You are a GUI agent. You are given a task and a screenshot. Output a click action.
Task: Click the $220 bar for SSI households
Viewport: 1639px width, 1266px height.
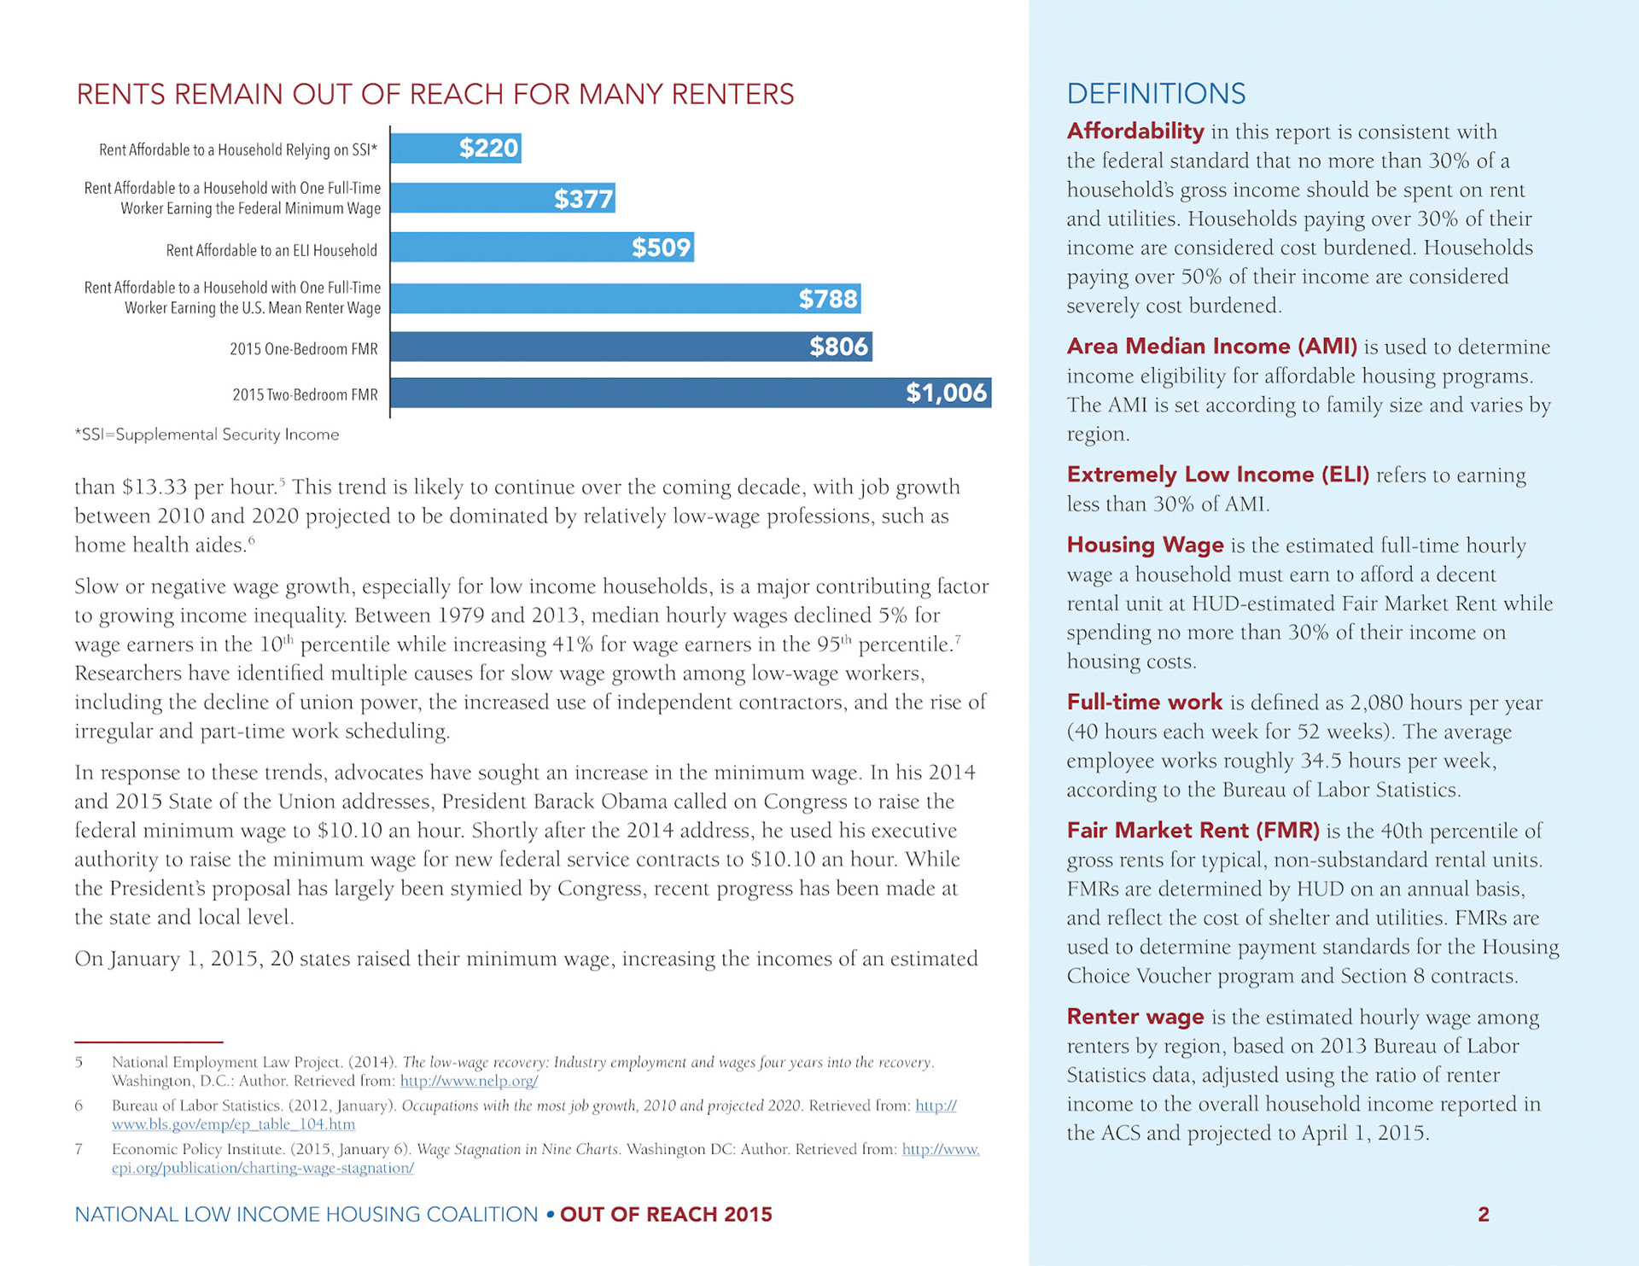[x=456, y=149]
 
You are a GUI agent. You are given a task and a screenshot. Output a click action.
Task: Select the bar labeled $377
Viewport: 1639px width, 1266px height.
[x=503, y=198]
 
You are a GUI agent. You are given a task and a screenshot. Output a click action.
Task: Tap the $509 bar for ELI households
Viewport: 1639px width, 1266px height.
[x=542, y=248]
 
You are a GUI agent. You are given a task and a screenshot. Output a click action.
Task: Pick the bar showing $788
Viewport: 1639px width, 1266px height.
[x=626, y=299]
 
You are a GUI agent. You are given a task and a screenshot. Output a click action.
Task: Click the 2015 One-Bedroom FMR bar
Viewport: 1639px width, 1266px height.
[x=632, y=347]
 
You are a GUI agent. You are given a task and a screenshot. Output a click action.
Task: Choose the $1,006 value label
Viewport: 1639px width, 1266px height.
[x=946, y=393]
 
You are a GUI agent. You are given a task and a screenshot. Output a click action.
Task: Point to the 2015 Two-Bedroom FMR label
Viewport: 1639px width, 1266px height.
[x=305, y=394]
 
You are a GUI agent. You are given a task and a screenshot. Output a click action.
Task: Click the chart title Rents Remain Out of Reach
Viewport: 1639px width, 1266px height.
[x=435, y=94]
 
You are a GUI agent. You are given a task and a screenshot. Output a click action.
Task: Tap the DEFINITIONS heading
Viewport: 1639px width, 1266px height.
[x=1156, y=94]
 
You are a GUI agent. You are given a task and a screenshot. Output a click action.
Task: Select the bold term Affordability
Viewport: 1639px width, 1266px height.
[x=1135, y=131]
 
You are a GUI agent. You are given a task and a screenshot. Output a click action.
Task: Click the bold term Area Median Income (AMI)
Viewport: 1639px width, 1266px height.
[x=1212, y=346]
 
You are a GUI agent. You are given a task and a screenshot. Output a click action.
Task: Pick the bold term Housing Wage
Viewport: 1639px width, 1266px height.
[x=1146, y=545]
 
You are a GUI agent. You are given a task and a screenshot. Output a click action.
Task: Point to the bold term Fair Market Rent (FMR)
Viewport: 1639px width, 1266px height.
[x=1193, y=830]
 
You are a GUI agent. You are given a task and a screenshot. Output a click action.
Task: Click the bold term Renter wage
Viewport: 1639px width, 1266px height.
[x=1135, y=1016]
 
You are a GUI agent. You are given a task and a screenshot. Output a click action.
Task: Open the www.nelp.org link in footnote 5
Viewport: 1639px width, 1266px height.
[x=469, y=1081]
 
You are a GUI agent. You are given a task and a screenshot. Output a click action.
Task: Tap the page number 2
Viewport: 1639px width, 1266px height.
[x=1484, y=1214]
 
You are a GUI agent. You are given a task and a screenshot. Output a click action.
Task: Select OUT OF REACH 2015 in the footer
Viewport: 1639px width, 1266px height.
[x=666, y=1214]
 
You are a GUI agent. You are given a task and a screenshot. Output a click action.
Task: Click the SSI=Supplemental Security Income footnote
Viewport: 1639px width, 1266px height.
[x=207, y=435]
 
